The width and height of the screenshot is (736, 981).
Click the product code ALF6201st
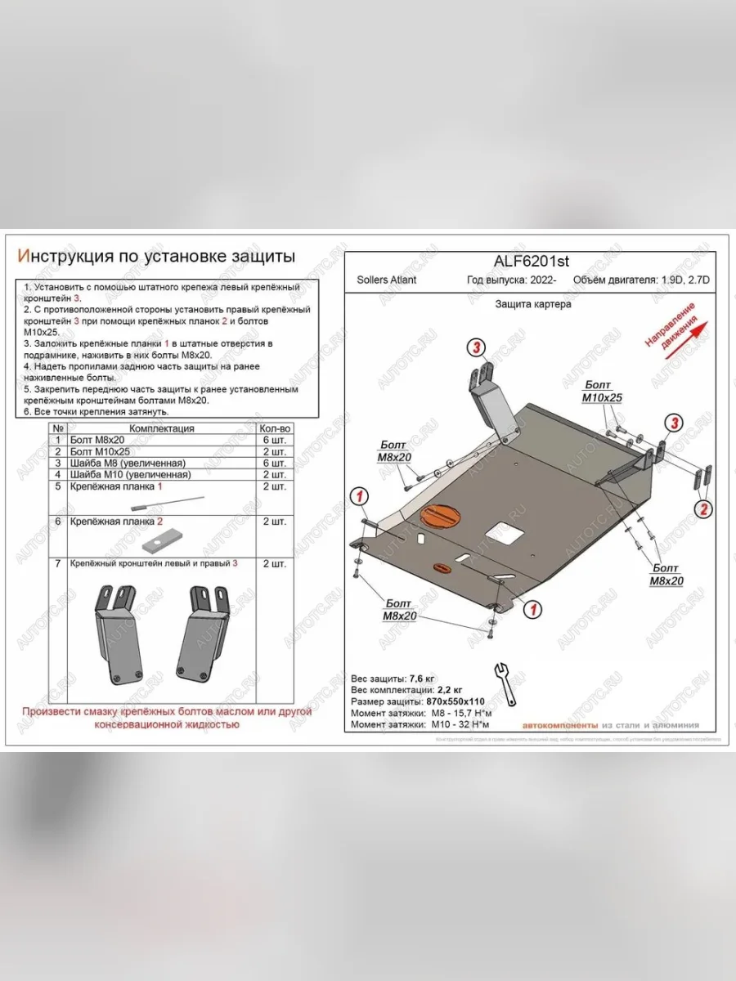pos(532,261)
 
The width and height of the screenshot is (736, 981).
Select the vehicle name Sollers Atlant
pos(386,280)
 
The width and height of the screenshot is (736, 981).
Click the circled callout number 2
pos(701,509)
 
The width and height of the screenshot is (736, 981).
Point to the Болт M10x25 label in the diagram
pos(602,391)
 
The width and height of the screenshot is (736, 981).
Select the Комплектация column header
pos(161,428)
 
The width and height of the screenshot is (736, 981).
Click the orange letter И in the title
pos(24,257)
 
